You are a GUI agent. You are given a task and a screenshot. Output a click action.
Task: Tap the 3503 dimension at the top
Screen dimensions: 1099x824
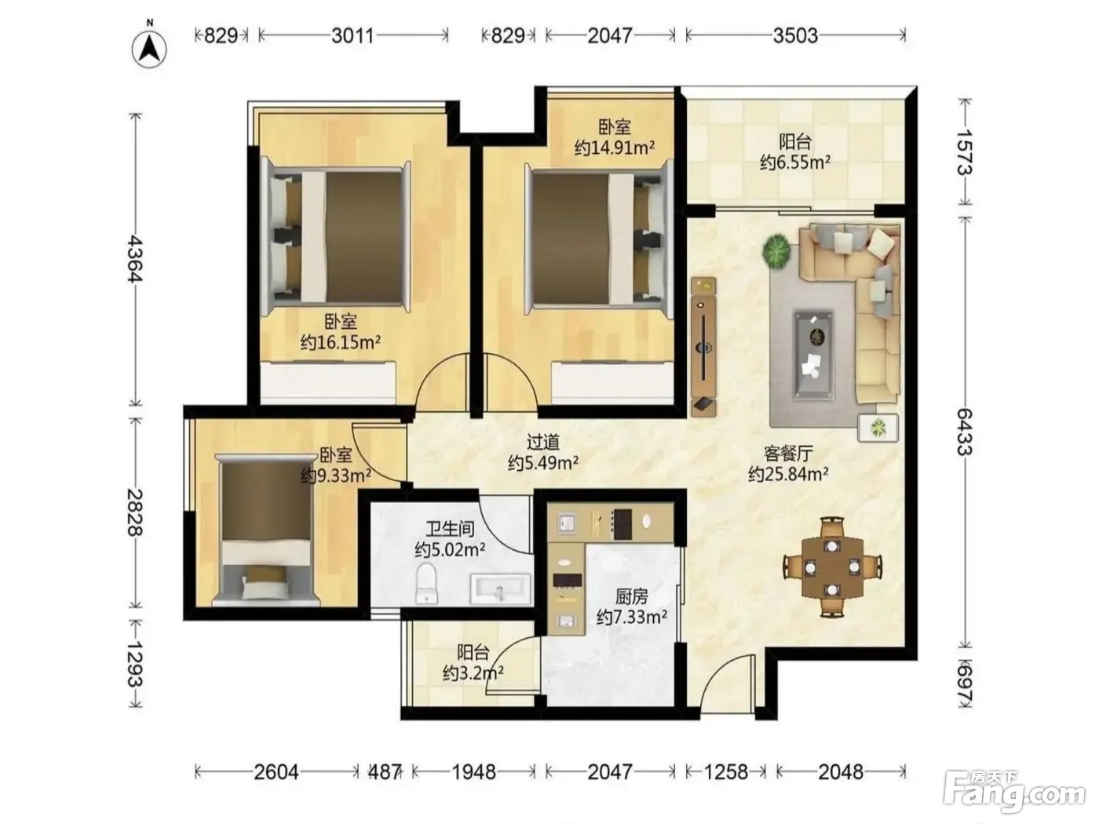[x=795, y=35]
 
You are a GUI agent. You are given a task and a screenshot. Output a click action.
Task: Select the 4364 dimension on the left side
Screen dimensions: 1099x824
[x=135, y=260]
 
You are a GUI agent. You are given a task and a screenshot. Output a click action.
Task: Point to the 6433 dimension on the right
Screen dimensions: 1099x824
[x=964, y=432]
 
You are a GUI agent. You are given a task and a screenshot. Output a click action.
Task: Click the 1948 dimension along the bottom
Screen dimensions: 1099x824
[x=473, y=772]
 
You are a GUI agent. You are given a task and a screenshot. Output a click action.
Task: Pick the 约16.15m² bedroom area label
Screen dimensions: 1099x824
[x=341, y=343]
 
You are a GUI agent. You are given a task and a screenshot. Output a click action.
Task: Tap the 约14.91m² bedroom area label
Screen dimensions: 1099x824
[x=615, y=148]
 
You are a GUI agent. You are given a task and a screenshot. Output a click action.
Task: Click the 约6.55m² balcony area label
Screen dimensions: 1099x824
[x=795, y=162]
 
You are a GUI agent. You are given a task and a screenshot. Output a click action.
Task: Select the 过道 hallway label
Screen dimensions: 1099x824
[x=542, y=443]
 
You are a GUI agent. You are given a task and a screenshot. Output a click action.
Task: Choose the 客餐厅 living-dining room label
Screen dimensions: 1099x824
[x=788, y=454]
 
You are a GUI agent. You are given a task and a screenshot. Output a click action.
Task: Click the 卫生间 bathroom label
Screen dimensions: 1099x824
[x=450, y=529]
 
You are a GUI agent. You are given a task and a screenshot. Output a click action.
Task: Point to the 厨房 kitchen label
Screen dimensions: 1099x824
[x=631, y=596]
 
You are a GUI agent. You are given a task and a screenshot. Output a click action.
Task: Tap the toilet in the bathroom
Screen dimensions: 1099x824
[x=425, y=583]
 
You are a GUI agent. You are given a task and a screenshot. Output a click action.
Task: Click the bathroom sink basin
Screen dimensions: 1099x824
[x=499, y=589]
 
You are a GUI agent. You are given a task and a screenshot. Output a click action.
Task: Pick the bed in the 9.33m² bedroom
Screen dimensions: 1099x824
[x=266, y=529]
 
